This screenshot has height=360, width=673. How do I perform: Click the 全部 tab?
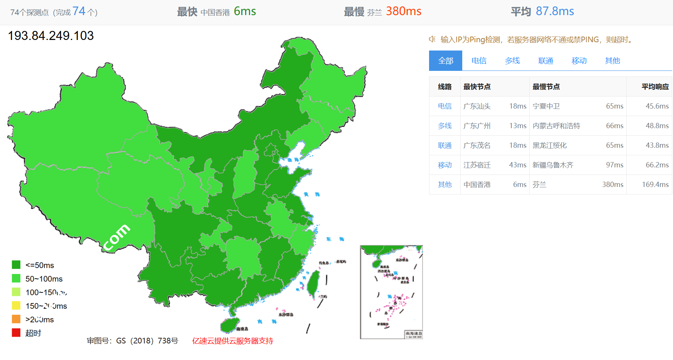tap(445, 61)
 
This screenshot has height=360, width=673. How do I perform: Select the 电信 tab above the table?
tap(479, 61)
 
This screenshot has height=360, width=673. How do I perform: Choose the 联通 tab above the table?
tap(546, 61)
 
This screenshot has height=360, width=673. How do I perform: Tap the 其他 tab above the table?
tap(612, 61)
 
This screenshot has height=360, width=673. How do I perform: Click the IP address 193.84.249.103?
tap(51, 36)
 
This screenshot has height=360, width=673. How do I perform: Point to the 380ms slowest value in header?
tap(403, 11)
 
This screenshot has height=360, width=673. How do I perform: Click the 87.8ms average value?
tap(555, 11)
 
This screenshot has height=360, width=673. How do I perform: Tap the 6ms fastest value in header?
tap(245, 11)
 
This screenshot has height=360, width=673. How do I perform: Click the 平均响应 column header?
tap(655, 87)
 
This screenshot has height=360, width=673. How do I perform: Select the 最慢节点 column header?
tap(546, 87)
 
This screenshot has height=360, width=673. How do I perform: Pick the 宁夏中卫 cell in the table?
tap(546, 106)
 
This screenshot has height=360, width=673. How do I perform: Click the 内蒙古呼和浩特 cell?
tap(556, 126)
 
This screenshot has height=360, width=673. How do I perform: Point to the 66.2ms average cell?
tap(657, 165)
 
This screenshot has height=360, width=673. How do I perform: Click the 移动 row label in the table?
tap(445, 165)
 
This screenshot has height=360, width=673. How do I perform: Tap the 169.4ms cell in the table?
tap(655, 185)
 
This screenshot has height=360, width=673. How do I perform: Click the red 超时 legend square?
tap(16, 333)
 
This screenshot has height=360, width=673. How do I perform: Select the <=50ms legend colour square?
tap(16, 265)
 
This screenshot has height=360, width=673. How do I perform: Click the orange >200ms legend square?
tap(16, 319)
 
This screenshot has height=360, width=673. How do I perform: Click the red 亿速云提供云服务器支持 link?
tap(233, 341)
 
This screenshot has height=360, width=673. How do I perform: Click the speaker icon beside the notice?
tap(432, 39)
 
